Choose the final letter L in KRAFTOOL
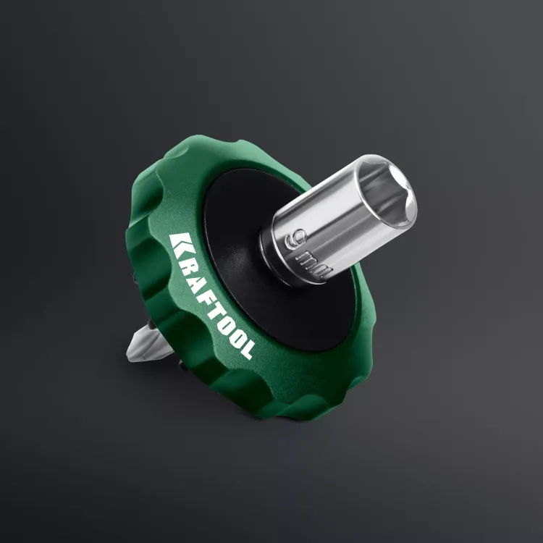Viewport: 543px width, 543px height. tap(246, 350)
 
